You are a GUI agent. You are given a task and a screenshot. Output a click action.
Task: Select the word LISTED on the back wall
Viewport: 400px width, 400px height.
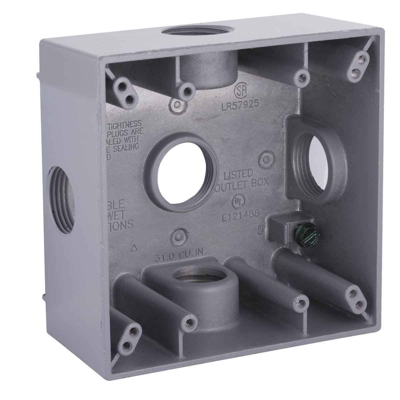238,174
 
